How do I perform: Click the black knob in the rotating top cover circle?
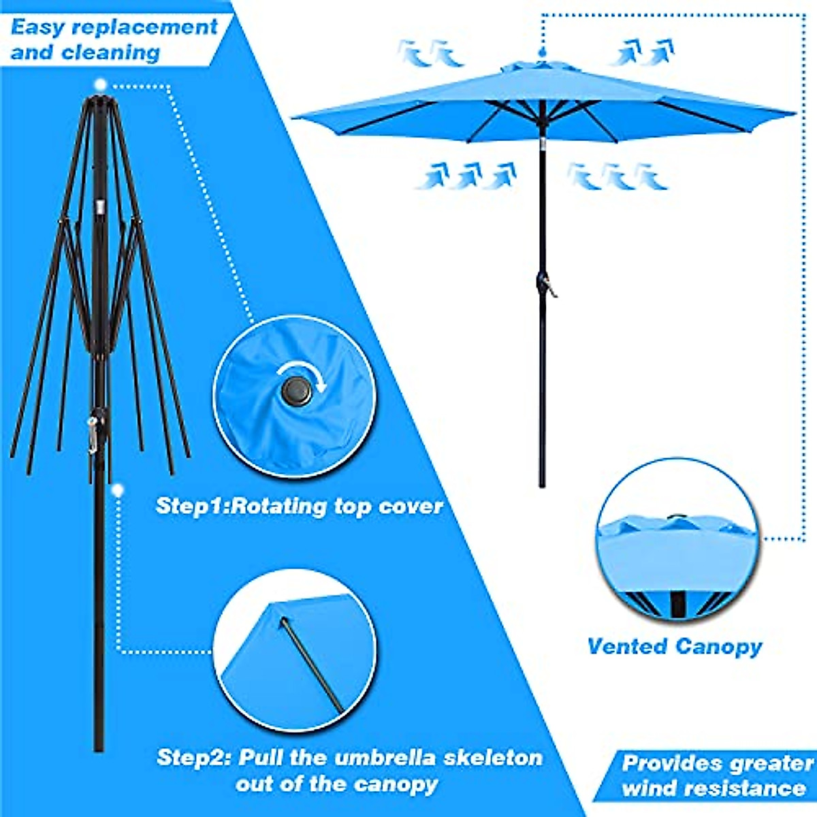coord(295,391)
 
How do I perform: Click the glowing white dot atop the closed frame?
coord(101,85)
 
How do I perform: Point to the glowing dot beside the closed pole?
coord(118,490)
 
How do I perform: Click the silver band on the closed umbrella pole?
coord(100,206)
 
